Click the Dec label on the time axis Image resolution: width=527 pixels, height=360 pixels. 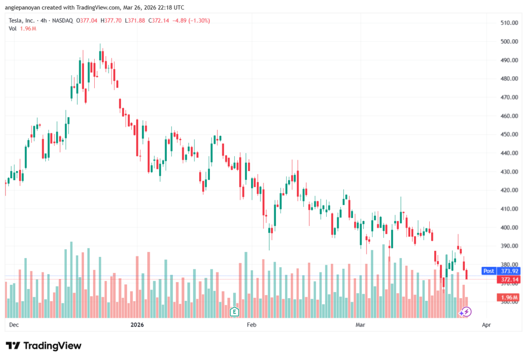14,325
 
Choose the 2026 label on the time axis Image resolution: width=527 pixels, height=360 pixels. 137,325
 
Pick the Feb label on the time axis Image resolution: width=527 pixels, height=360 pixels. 251,325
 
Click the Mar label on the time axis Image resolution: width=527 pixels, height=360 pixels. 360,325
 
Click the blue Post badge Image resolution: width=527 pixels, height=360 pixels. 488,270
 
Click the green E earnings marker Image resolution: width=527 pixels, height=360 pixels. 235,311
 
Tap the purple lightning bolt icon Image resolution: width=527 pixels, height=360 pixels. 465,311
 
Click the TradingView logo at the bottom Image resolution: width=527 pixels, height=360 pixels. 43,346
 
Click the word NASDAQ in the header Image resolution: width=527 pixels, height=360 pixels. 61,21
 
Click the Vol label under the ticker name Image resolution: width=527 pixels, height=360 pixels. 13,28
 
